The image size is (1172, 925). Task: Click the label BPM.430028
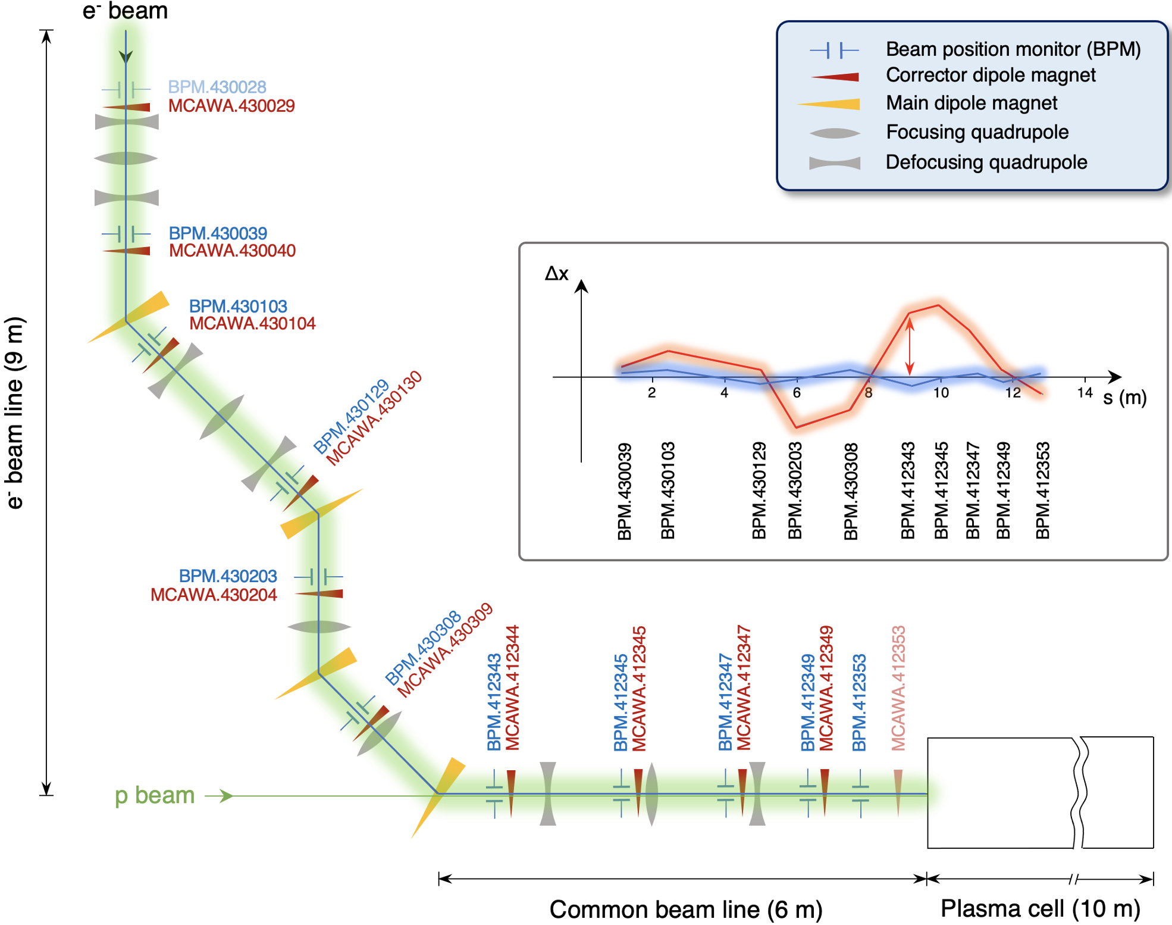(x=217, y=87)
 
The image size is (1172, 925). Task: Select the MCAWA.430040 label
(x=232, y=251)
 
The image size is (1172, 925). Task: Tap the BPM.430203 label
(x=228, y=576)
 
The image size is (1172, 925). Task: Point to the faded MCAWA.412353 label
(x=898, y=687)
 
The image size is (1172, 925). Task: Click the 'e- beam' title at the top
(x=125, y=11)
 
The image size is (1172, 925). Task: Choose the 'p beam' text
(x=155, y=795)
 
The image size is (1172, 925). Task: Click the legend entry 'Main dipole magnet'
(x=972, y=103)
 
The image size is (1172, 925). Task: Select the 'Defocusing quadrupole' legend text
(x=986, y=162)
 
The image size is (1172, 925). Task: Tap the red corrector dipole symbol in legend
(x=835, y=77)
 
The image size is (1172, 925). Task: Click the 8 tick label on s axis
(x=869, y=393)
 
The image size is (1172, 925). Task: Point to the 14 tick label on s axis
(x=1085, y=393)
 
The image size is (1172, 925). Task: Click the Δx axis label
(x=557, y=273)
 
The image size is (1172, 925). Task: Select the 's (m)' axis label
(x=1124, y=398)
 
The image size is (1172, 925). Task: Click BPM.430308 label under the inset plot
(x=851, y=491)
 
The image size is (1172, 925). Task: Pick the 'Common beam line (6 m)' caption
(x=685, y=910)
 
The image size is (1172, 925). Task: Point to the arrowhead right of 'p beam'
(x=225, y=796)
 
